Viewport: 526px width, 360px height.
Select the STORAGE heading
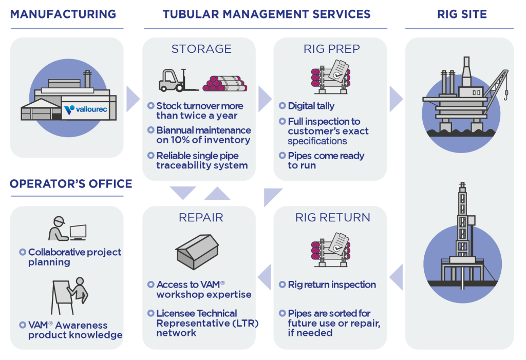201,49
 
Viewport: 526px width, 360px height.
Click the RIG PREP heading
332,49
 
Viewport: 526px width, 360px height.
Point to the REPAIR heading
201,217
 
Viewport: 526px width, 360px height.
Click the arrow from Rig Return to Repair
264,278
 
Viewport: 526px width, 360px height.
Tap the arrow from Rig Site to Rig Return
396,278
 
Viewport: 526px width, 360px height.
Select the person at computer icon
67,229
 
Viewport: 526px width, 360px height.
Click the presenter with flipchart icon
69,296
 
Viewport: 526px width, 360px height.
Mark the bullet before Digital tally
283,106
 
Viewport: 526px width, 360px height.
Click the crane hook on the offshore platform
506,95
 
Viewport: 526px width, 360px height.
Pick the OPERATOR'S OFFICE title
71,184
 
